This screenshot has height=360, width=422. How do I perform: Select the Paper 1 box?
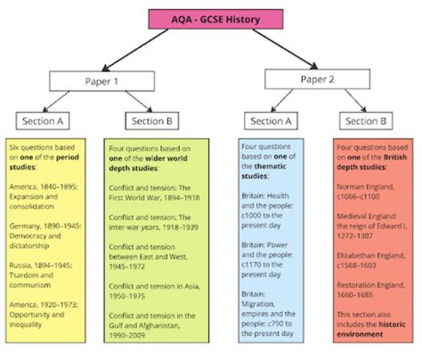pyautogui.click(x=102, y=81)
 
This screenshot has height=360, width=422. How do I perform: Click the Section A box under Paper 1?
pyautogui.click(x=43, y=121)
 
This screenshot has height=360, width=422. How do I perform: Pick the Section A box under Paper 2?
pyautogui.click(x=271, y=121)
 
